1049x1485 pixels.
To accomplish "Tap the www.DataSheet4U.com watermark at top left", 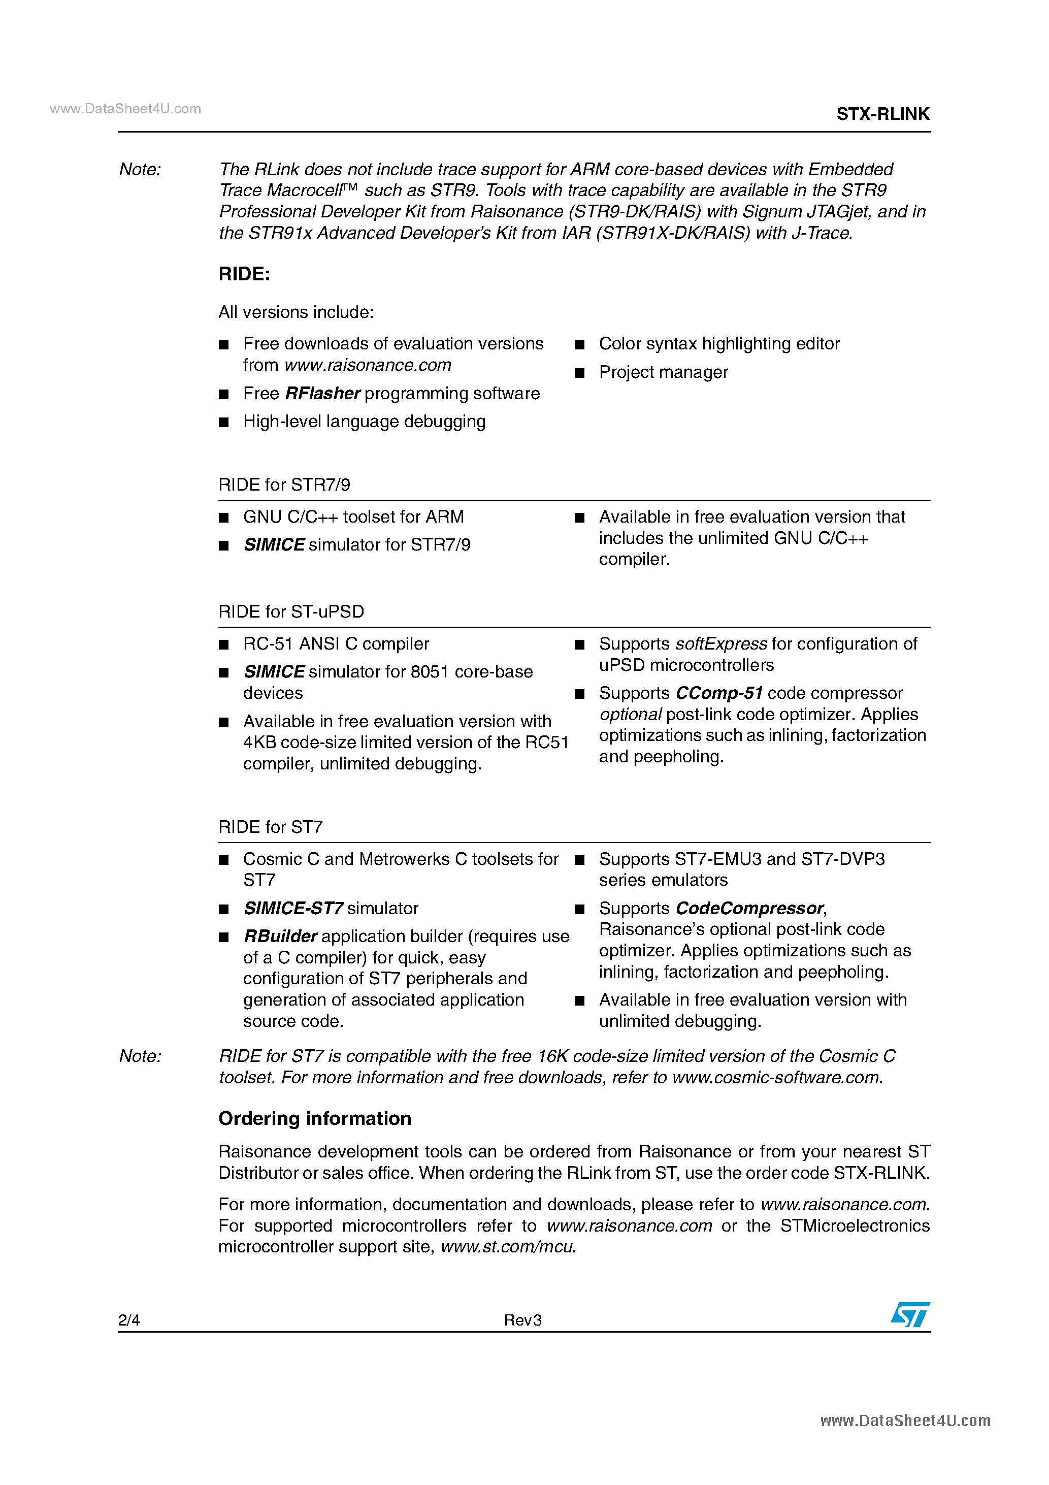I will coord(125,109).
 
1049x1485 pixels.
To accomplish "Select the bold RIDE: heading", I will coord(244,274).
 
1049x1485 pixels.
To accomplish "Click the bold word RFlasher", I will coord(322,393).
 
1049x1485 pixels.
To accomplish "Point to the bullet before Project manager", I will coord(579,373).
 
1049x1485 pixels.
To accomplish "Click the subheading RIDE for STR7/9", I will coord(284,485).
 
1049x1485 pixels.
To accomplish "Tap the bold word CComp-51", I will coord(718,693).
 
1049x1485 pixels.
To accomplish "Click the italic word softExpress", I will coord(720,643).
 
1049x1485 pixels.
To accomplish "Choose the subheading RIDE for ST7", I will coord(270,827).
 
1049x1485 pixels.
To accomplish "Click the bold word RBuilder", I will coord(280,936).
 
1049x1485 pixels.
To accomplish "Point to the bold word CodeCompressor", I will coord(749,908).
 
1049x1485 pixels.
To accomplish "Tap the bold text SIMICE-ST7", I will coord(293,908).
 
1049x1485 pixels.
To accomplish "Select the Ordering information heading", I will coord(314,1118).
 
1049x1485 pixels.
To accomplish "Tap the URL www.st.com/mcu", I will coord(506,1246).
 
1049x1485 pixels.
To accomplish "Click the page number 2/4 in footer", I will coord(128,1320).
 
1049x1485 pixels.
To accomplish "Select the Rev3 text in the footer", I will coord(522,1320).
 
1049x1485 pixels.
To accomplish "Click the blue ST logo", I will coord(910,1315).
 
